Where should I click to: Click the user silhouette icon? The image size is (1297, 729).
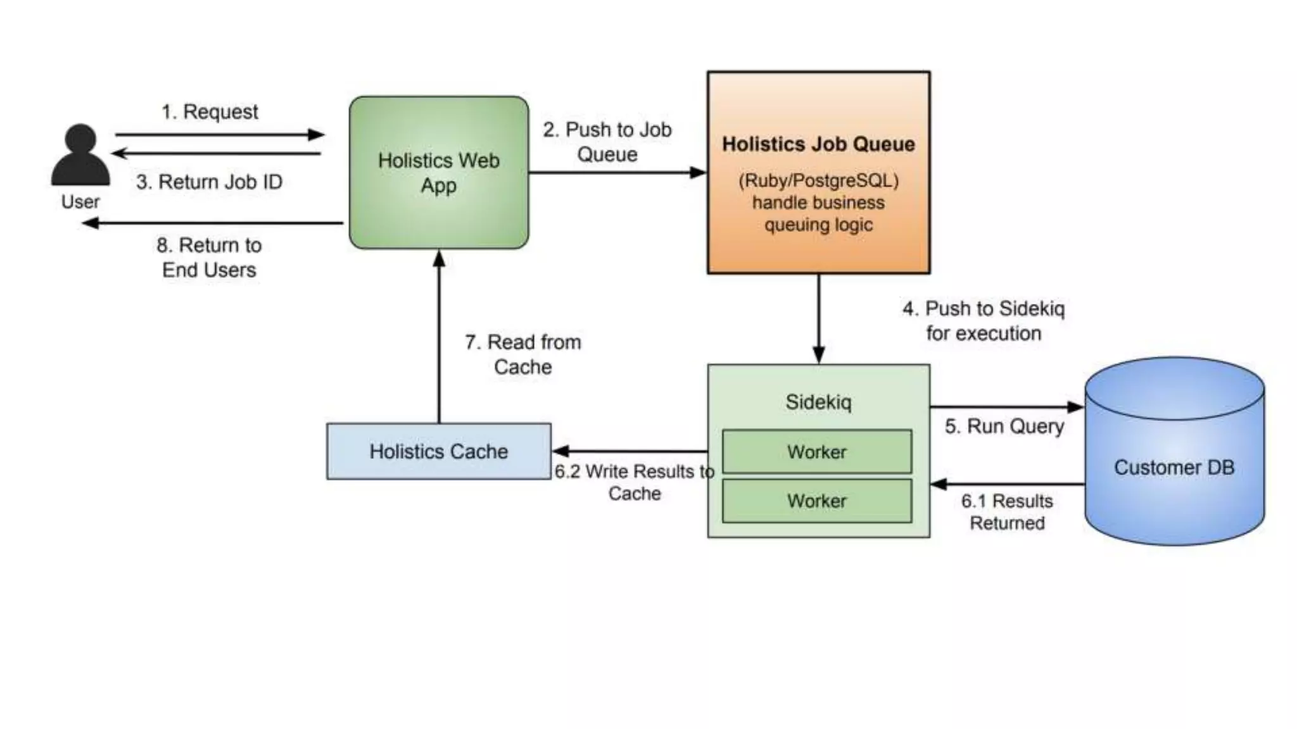[x=80, y=155]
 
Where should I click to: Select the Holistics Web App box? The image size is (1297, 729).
[x=438, y=172]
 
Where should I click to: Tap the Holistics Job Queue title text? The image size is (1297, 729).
[x=818, y=144]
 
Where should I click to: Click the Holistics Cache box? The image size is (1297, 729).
[x=438, y=451]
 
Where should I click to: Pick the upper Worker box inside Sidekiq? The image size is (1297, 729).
[x=817, y=452]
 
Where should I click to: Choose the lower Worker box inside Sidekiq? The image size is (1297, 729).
[x=817, y=501]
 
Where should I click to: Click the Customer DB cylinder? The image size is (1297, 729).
[x=1174, y=467]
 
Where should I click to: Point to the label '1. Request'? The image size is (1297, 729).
[x=210, y=112]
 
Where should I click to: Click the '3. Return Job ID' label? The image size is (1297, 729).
[x=209, y=182]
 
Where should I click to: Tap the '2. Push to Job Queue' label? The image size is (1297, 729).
[x=607, y=142]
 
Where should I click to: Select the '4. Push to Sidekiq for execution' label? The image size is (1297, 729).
[x=984, y=321]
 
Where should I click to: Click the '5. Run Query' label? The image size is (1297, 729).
[x=1004, y=427]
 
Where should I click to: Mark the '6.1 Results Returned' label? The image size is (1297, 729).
[x=1007, y=512]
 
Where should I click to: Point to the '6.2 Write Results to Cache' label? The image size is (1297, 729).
[x=634, y=482]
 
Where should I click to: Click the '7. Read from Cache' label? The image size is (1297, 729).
[x=523, y=354]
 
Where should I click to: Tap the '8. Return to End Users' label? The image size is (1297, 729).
[x=209, y=258]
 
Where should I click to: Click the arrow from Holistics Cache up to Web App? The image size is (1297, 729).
[x=439, y=335]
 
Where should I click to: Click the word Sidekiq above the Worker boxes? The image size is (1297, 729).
[x=818, y=402]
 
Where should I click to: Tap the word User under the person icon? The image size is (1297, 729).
[x=80, y=202]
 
